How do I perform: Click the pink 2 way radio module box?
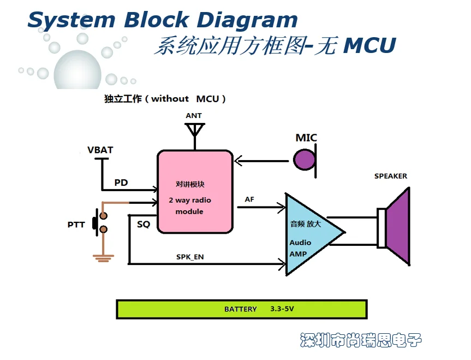click(194, 191)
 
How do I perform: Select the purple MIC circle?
click(305, 160)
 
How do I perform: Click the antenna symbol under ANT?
click(194, 131)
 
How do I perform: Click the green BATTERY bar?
click(242, 309)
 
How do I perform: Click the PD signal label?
click(121, 182)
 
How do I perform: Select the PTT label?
click(76, 225)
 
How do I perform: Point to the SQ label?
click(144, 225)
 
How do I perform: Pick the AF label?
click(249, 200)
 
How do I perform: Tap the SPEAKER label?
click(390, 176)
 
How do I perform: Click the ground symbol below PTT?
click(101, 257)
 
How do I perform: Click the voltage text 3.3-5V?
click(282, 309)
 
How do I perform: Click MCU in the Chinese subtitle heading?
click(369, 46)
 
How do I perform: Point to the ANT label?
click(194, 116)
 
